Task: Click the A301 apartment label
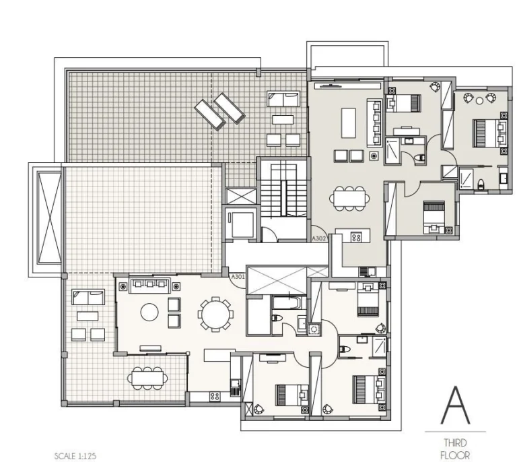point(238,277)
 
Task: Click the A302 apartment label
point(319,238)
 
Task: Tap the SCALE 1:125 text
point(75,456)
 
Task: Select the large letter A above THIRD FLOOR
point(455,405)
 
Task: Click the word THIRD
point(455,442)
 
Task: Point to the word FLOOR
point(455,455)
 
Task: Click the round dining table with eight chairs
point(215,315)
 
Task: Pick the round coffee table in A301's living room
point(149,312)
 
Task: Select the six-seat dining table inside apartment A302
point(349,199)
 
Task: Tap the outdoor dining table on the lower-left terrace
point(147,378)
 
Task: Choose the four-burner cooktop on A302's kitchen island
point(356,237)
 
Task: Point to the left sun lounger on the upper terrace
point(210,114)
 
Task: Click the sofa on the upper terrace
point(283,99)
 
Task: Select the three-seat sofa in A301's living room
point(150,286)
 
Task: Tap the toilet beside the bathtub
point(277,319)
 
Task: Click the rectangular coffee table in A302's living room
point(349,123)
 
